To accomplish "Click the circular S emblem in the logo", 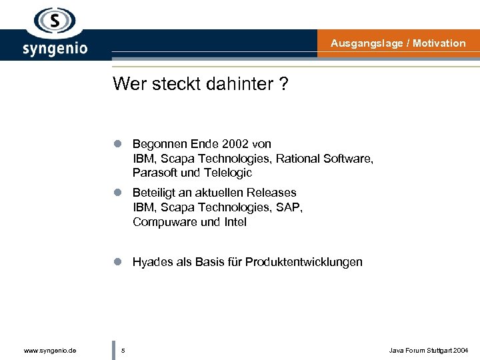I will pos(55,22).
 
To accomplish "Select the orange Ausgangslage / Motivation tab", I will pos(398,43).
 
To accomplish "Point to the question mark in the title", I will pos(284,84).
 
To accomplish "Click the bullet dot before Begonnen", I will pos(117,144).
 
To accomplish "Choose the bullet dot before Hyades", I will pos(117,262).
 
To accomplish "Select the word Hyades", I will pos(151,262).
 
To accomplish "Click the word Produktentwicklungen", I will pos(304,262).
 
